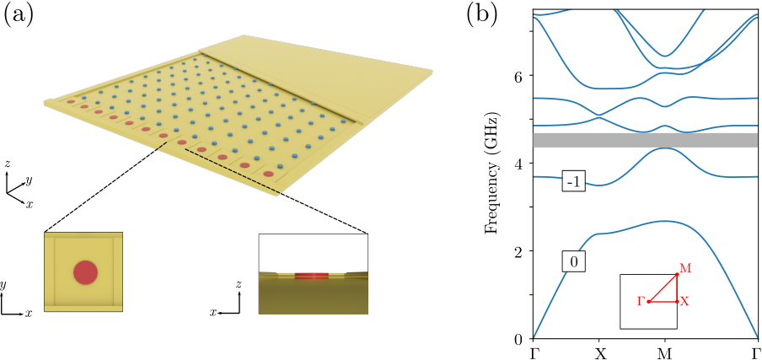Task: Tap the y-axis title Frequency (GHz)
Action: [x=494, y=175]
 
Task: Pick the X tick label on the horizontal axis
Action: [x=601, y=353]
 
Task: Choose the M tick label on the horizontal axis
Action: [x=665, y=353]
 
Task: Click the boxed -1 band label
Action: [x=573, y=182]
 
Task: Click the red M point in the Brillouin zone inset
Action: [x=677, y=275]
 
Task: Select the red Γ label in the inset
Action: [x=641, y=302]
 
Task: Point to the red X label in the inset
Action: [x=684, y=302]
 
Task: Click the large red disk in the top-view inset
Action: [x=85, y=272]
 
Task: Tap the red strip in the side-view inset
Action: [x=312, y=276]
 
